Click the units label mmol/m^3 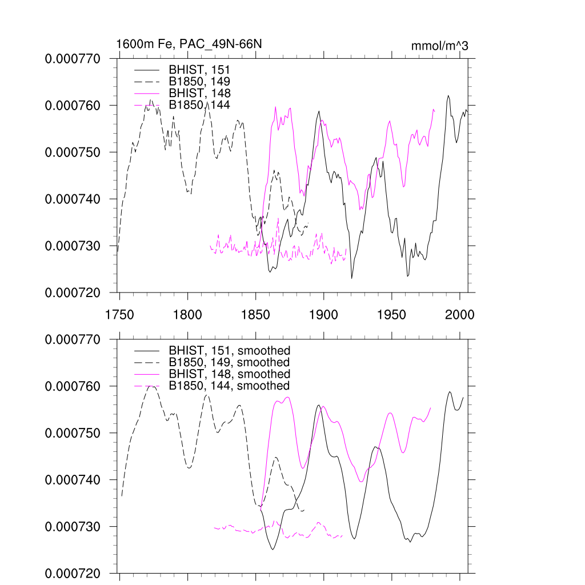point(439,46)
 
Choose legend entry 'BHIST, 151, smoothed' point(229,350)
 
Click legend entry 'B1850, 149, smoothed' point(229,362)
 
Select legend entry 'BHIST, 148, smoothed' point(229,374)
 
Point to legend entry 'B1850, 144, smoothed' point(229,386)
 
